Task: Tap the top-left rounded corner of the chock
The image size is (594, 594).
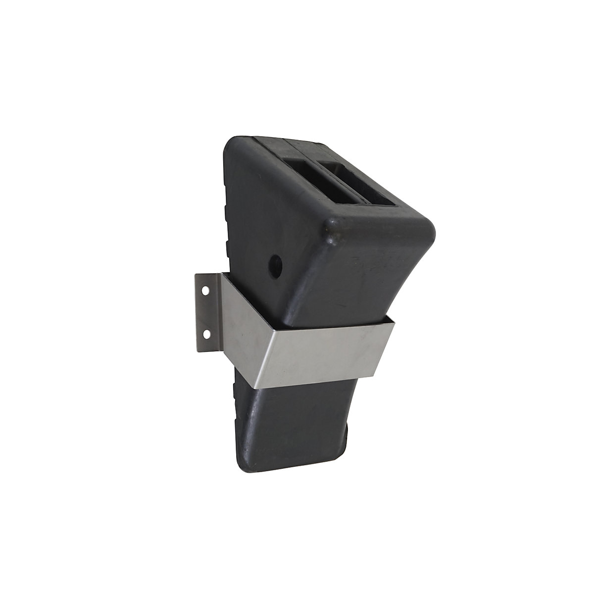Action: click(233, 144)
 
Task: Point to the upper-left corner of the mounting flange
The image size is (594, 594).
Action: click(197, 275)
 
